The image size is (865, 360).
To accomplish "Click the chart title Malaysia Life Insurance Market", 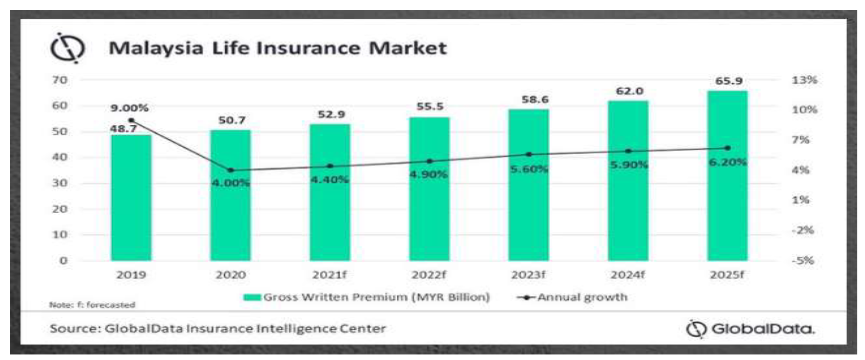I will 278,48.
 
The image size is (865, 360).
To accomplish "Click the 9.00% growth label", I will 130,108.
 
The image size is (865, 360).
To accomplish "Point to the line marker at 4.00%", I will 231,170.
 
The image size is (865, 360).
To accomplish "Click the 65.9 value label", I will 729,81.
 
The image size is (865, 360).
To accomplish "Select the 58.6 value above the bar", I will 535,100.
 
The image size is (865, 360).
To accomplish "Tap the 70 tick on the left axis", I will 60,80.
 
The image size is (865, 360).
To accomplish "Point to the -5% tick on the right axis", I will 803,260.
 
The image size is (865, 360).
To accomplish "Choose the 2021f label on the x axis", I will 330,275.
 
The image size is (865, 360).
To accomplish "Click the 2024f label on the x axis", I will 628,275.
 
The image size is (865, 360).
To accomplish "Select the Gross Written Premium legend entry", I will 367,297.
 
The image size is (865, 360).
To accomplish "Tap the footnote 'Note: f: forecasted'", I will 92,305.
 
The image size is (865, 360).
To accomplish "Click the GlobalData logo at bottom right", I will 751,329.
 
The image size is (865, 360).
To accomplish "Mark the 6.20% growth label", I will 728,162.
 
